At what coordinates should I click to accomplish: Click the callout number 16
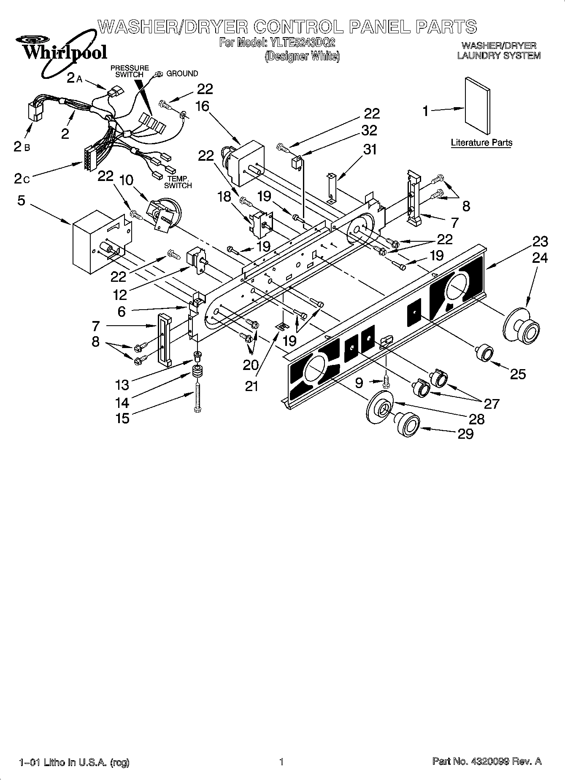pos(202,106)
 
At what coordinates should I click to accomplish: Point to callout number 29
pos(465,434)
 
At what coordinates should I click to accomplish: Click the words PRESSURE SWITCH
pos(130,71)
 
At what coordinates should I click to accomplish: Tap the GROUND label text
pos(182,73)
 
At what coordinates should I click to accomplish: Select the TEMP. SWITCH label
pos(178,182)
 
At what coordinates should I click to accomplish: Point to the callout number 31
pos(370,149)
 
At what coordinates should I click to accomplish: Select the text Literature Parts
pos(481,142)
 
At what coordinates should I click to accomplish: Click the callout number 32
pos(369,130)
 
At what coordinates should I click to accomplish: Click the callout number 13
pos(122,385)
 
